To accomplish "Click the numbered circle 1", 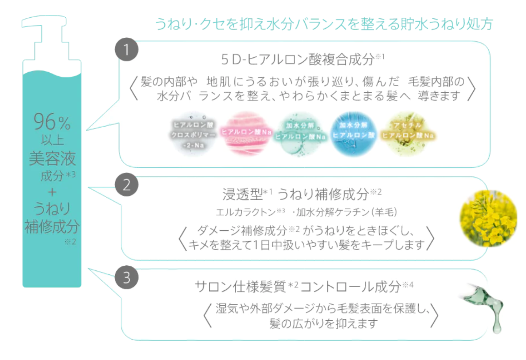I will point(127,50).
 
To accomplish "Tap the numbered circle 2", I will point(127,184).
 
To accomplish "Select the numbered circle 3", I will point(127,278).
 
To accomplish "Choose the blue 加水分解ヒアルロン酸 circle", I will point(353,133).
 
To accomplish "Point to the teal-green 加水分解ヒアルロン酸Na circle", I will point(300,133).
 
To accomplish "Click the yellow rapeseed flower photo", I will point(489,218).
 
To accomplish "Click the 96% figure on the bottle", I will point(52,122).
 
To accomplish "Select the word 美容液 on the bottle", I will point(52,159).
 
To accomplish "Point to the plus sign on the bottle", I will point(52,192).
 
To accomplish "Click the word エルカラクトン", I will point(246,213).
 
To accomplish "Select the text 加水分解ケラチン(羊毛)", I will point(346,213).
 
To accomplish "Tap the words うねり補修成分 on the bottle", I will point(52,217).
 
